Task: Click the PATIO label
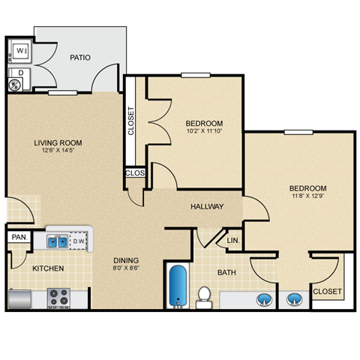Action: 81,57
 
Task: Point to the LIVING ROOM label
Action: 58,142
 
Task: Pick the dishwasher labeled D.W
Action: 79,241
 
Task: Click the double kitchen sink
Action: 57,241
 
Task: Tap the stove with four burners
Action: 58,298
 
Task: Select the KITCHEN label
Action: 47,268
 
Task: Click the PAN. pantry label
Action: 19,238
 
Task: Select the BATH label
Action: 227,272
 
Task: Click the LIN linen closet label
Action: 232,241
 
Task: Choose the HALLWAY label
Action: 207,206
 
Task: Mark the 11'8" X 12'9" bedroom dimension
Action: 308,197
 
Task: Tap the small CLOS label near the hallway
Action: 134,173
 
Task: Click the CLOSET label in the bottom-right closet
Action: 327,291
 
